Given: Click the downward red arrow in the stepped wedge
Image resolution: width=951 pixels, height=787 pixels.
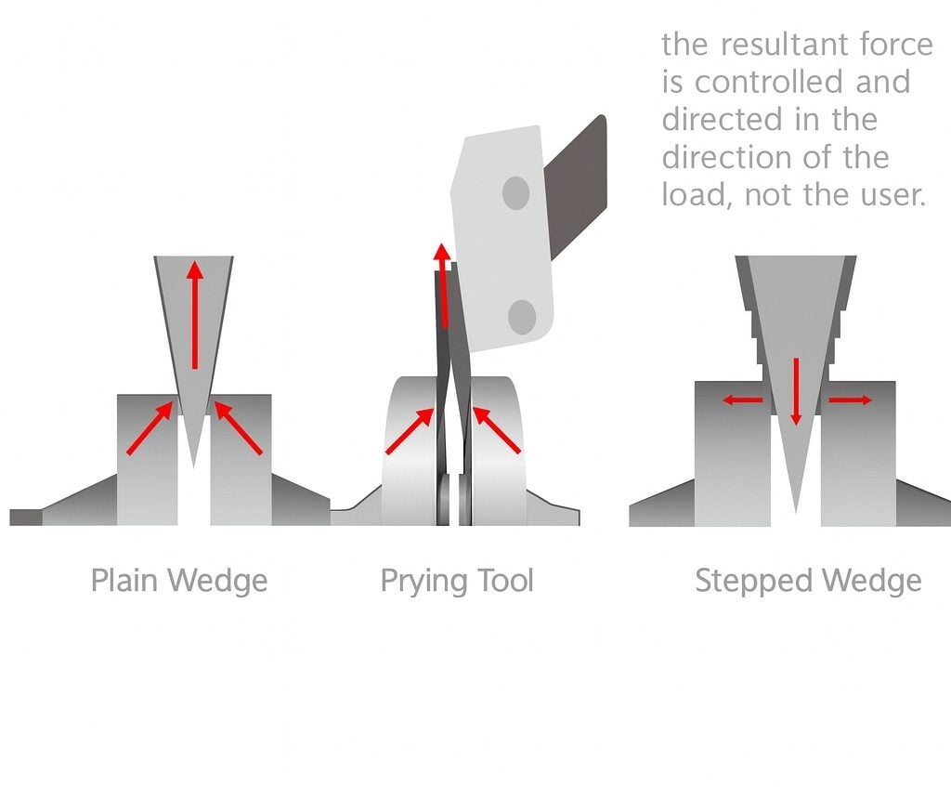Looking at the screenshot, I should [x=795, y=390].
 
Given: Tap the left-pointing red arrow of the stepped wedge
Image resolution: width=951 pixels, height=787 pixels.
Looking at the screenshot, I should [x=743, y=400].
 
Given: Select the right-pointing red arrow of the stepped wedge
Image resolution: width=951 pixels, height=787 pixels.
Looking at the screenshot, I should [x=850, y=400].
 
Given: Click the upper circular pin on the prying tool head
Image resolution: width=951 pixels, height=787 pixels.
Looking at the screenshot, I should [x=515, y=193].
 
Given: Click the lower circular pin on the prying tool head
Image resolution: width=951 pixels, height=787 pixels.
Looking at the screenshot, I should [x=523, y=317].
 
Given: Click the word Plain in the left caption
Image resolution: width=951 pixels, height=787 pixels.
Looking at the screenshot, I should [x=121, y=582].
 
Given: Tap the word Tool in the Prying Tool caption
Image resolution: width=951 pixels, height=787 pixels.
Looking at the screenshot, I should [x=505, y=582].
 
